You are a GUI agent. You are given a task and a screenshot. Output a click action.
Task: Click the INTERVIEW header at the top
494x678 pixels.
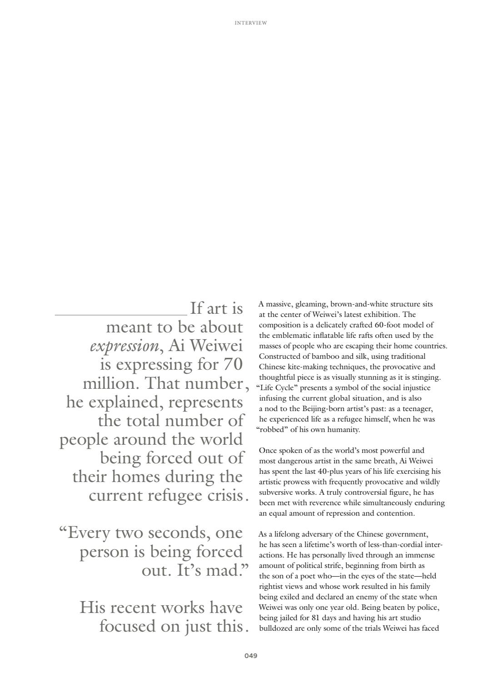tap(251, 23)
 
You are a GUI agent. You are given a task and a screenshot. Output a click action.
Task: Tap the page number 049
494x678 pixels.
tap(251, 656)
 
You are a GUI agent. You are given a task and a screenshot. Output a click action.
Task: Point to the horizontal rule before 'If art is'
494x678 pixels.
tap(120, 314)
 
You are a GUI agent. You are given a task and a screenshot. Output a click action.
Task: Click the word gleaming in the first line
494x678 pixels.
tap(311, 304)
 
